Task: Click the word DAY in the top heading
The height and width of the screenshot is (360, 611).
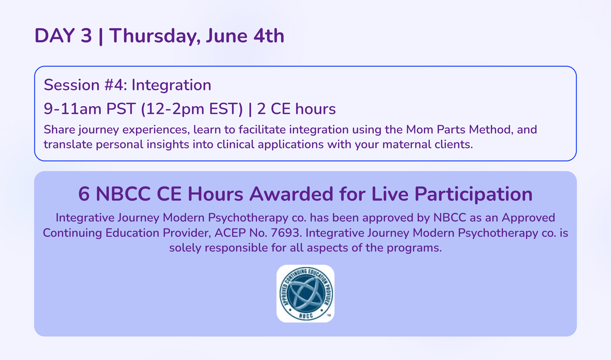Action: (55, 36)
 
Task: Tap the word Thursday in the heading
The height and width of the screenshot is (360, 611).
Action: (155, 36)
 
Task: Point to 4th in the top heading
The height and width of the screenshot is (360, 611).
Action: (269, 36)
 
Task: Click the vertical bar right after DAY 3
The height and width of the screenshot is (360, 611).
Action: (101, 37)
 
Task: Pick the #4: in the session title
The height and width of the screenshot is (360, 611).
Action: (116, 85)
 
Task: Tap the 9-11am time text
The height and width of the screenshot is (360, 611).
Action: (72, 109)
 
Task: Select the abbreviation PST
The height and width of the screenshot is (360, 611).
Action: (121, 109)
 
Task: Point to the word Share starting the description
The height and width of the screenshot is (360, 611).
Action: (59, 130)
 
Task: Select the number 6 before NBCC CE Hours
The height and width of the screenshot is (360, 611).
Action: (84, 194)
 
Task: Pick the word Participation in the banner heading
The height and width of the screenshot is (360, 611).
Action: (473, 194)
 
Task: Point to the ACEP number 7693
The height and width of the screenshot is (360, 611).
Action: (285, 233)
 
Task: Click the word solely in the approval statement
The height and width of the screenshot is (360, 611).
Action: (185, 248)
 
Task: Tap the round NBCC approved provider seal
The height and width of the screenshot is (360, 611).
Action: (305, 294)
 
